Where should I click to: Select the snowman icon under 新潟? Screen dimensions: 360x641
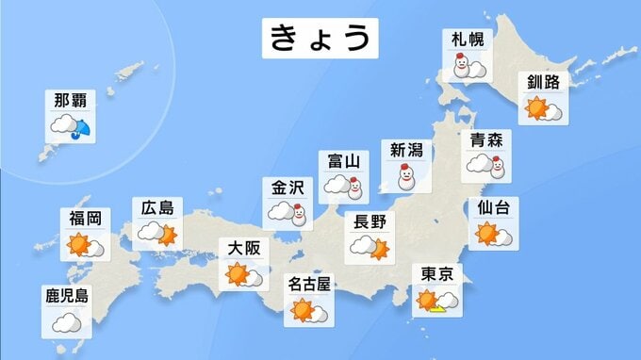point(407,176)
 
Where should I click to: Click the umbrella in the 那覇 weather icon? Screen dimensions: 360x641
point(82,129)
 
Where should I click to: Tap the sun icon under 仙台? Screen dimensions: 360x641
point(487,233)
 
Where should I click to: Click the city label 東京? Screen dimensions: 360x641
point(438,274)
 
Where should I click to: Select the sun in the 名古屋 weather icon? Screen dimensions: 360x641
point(303,308)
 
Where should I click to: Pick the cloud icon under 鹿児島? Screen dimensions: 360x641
point(67,323)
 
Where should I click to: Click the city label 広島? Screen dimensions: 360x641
point(157,207)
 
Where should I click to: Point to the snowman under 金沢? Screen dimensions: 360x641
point(300,216)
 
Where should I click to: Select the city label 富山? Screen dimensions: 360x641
point(343,162)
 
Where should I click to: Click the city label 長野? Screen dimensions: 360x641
point(370,222)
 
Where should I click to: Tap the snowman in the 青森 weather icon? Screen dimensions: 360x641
point(500,165)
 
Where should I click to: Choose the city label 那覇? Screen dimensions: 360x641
point(72,100)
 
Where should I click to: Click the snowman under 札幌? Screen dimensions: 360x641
point(461,68)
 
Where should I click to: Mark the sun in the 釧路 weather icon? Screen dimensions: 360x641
point(537,108)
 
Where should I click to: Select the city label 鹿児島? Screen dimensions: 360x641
point(67,296)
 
